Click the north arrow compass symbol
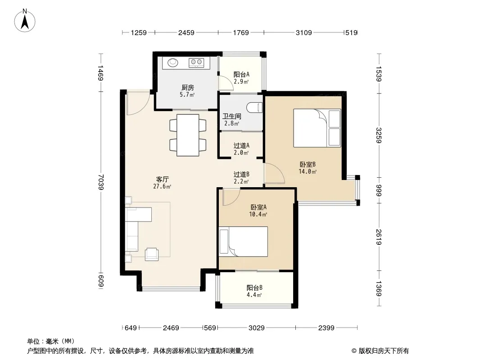point(25,20)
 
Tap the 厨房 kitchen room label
point(188,88)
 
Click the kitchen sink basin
point(173,63)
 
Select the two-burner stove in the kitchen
point(196,63)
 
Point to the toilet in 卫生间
point(255,108)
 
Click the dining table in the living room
point(188,135)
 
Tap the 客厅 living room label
point(162,179)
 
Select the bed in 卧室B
point(317,128)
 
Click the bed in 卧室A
point(244,242)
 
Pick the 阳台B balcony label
point(254,288)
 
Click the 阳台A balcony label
point(241,74)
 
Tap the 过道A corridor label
point(241,146)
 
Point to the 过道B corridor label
point(241,174)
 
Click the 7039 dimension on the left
point(101,182)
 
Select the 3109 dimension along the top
point(303,32)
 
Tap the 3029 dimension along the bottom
point(256,328)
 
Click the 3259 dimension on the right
point(379,135)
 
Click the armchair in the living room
point(152,254)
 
